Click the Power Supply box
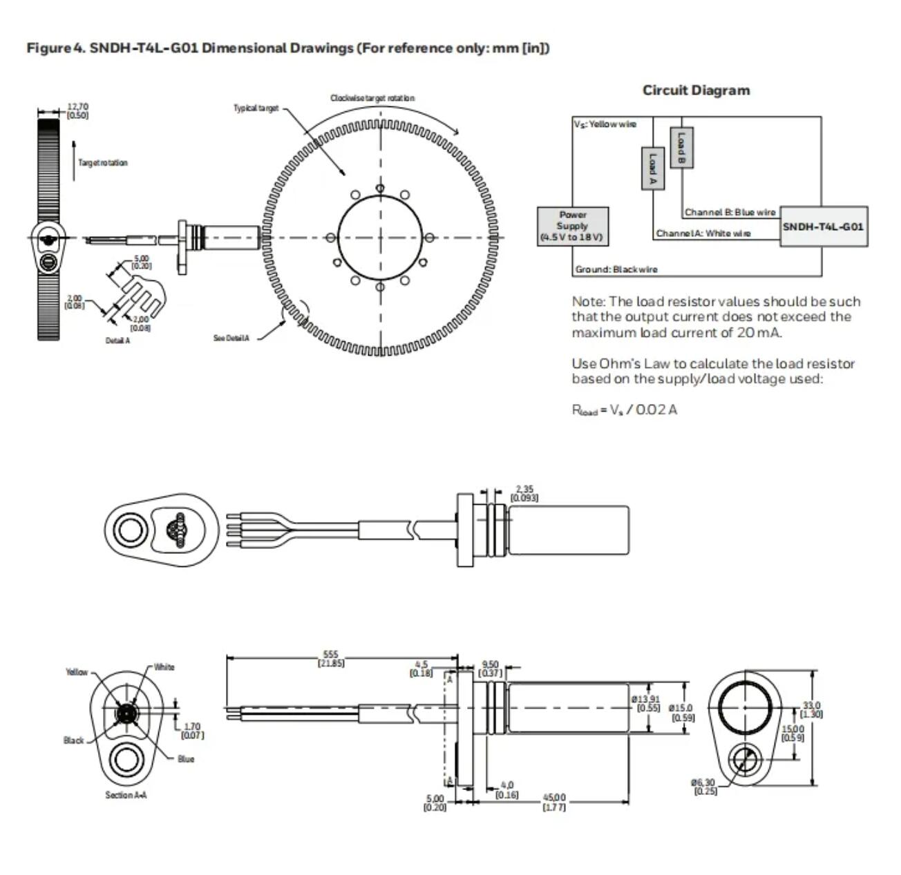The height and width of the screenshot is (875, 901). pyautogui.click(x=573, y=226)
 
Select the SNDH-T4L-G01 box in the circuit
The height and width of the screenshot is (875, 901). pyautogui.click(x=824, y=227)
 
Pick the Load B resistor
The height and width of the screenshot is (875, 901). pyautogui.click(x=681, y=146)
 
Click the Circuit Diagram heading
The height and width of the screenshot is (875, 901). pyautogui.click(x=696, y=90)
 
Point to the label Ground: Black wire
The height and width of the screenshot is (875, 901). pyautogui.click(x=616, y=269)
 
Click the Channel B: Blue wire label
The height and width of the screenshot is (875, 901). pyautogui.click(x=730, y=212)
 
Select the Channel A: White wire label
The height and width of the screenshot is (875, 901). pyautogui.click(x=703, y=233)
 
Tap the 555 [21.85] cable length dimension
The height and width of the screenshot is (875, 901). pyautogui.click(x=332, y=658)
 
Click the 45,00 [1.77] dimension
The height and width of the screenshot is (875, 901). pyautogui.click(x=553, y=802)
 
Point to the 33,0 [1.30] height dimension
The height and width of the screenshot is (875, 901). pyautogui.click(x=811, y=709)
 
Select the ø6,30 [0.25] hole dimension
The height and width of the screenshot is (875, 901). pyautogui.click(x=704, y=786)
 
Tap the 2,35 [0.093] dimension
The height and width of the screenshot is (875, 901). pyautogui.click(x=524, y=493)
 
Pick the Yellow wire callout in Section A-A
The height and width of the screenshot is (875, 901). pyautogui.click(x=77, y=671)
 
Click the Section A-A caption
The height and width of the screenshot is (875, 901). pyautogui.click(x=126, y=795)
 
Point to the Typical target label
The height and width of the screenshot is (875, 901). pyautogui.click(x=256, y=108)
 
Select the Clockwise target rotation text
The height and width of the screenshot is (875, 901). pyautogui.click(x=372, y=98)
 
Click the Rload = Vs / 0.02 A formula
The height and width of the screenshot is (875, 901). pyautogui.click(x=624, y=410)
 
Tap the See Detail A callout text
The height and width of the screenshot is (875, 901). pyautogui.click(x=231, y=338)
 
